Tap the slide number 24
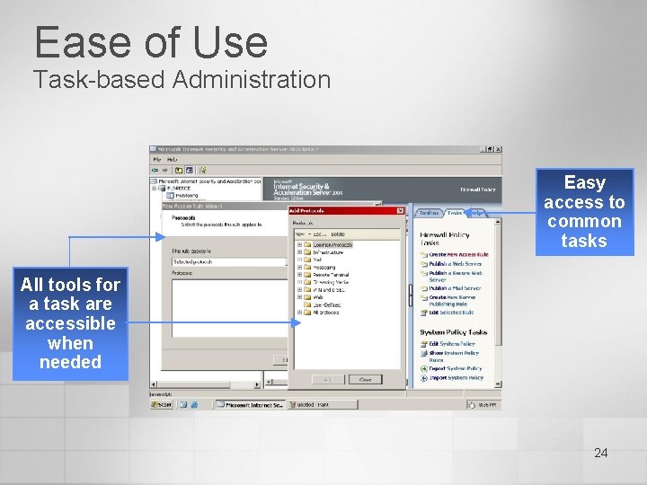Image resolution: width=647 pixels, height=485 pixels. (x=600, y=453)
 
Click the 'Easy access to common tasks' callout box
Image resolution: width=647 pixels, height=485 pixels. (x=584, y=212)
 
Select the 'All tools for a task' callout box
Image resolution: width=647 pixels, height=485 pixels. (x=70, y=323)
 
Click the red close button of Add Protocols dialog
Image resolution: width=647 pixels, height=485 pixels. (x=399, y=211)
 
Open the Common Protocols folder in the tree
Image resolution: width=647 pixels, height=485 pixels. (x=332, y=244)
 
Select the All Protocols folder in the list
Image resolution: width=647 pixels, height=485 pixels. (x=326, y=313)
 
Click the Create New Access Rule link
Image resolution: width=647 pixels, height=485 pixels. (x=457, y=255)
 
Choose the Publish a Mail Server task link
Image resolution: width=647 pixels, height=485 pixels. (x=455, y=288)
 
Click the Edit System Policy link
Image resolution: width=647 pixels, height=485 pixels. (x=451, y=344)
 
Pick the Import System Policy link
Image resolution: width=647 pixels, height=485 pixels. (x=455, y=378)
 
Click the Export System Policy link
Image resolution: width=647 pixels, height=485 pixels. (x=455, y=368)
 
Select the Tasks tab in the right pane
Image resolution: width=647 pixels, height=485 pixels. (x=455, y=214)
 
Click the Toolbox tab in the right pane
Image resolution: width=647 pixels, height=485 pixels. (x=429, y=214)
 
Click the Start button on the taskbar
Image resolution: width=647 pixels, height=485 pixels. (x=163, y=405)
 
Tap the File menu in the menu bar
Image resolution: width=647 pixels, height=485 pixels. (x=156, y=159)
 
